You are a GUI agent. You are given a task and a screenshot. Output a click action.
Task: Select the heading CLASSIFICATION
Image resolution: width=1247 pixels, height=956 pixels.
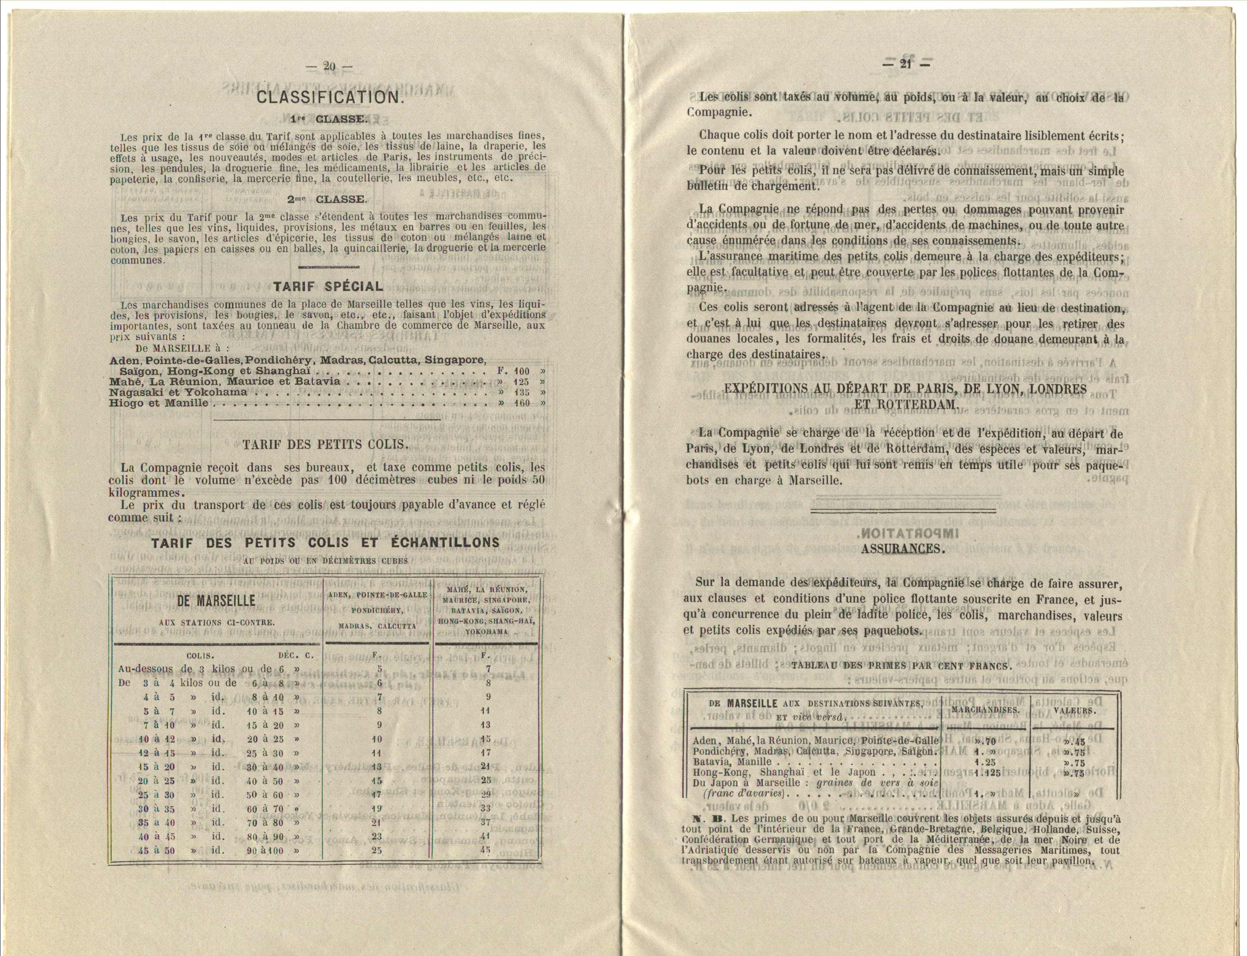coord(330,97)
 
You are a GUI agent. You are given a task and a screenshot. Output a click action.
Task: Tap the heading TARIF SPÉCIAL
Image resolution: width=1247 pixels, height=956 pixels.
coord(328,286)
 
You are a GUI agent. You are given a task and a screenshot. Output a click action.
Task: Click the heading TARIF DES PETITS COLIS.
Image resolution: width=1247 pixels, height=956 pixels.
coord(326,444)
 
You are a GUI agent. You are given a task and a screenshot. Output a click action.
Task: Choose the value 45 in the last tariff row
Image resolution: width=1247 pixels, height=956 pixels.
coord(485,851)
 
